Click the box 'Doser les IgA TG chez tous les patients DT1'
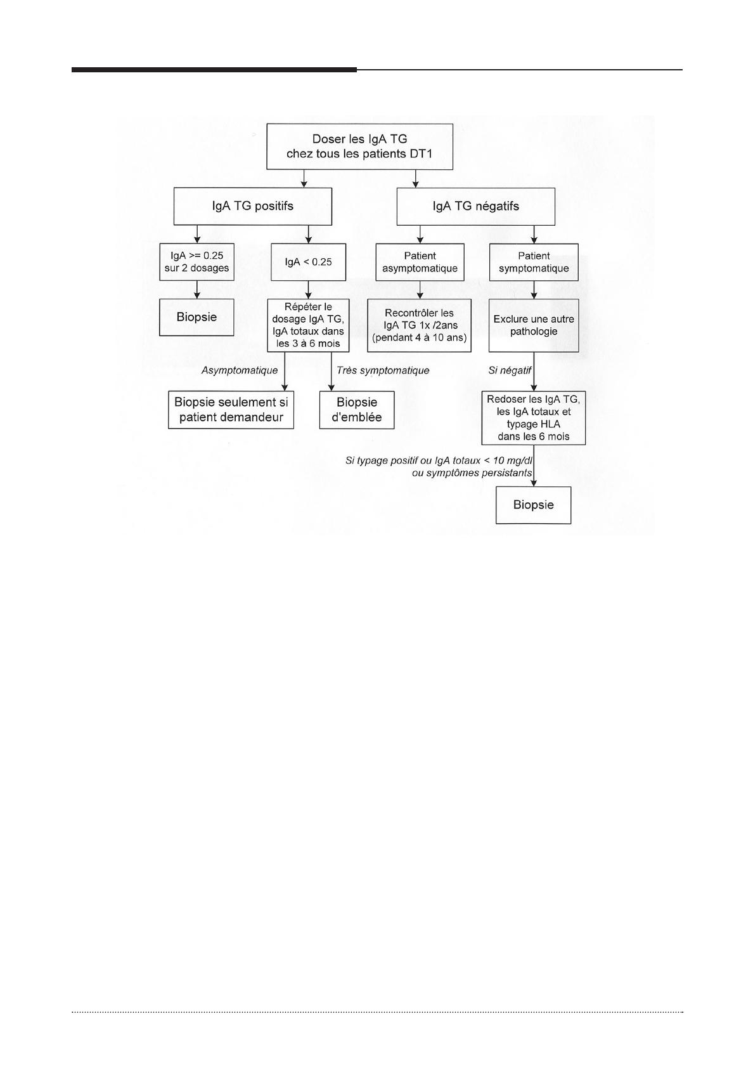(359, 147)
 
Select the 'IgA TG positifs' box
(253, 206)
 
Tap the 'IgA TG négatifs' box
(475, 206)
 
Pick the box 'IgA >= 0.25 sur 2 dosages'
(196, 262)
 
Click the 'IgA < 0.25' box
(308, 262)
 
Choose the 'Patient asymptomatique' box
(420, 262)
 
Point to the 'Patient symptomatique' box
(534, 262)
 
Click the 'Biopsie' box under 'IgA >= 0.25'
(196, 317)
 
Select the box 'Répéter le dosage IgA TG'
(308, 325)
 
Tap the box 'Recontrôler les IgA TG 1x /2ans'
(420, 325)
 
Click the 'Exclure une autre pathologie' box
(534, 325)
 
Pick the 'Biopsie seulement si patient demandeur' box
(231, 410)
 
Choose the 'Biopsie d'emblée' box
(357, 410)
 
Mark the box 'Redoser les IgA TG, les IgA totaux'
(533, 418)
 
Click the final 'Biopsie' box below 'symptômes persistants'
(533, 505)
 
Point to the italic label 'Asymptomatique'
(239, 370)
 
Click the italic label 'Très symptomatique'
(383, 370)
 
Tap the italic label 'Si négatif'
(510, 370)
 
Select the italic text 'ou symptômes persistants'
(472, 473)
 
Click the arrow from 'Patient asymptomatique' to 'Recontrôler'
(420, 290)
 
